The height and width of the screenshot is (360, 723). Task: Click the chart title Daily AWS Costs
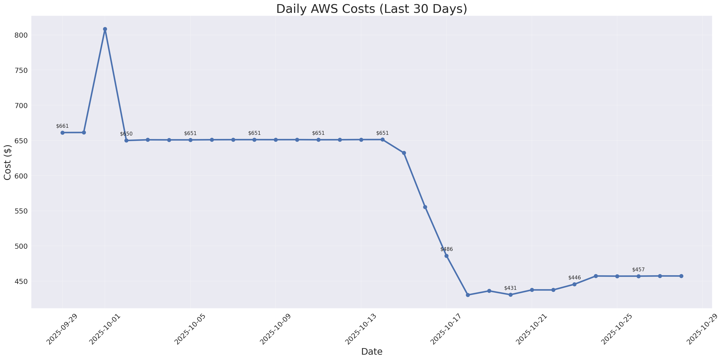[x=372, y=9]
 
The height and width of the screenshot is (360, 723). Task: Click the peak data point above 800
[x=105, y=29]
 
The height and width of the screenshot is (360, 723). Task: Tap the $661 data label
[x=62, y=126]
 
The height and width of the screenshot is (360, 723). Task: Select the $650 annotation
[x=126, y=134]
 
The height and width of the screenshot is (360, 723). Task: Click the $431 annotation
[x=510, y=288]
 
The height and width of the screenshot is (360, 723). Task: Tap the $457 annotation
[x=638, y=270]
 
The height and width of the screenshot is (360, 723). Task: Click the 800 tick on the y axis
[x=21, y=35]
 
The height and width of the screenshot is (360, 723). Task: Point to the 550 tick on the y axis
[x=21, y=211]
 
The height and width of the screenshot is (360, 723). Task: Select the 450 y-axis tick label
[x=21, y=281]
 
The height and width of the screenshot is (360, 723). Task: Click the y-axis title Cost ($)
[x=8, y=162]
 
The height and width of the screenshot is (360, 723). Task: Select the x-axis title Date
[x=372, y=351]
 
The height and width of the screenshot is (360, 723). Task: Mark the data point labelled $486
[x=447, y=256]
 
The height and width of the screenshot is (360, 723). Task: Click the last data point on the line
[x=681, y=276]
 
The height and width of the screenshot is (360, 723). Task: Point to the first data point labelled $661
[x=62, y=133]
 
